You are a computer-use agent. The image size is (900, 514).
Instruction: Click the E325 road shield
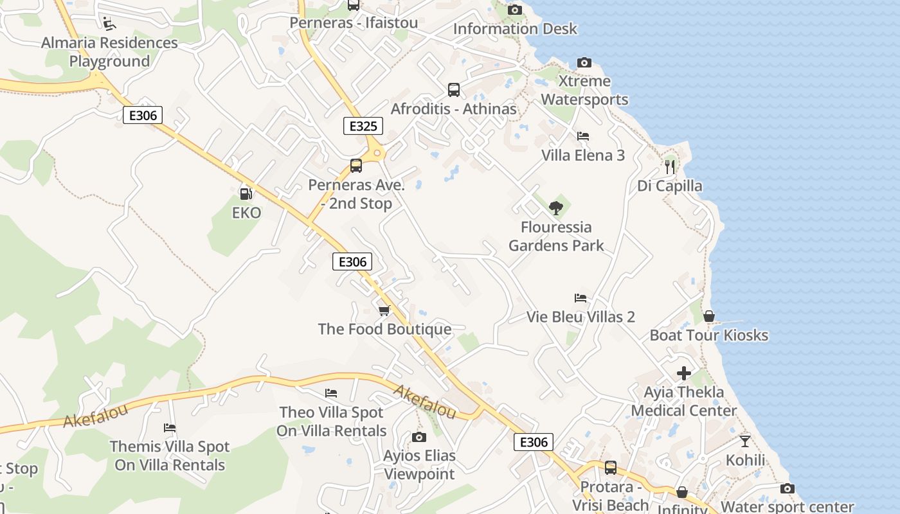tap(363, 126)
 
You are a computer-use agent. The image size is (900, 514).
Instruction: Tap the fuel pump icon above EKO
tap(246, 193)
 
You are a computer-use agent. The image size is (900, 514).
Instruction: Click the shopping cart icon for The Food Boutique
tap(384, 311)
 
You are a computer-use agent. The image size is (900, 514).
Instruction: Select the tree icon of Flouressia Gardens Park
tap(556, 208)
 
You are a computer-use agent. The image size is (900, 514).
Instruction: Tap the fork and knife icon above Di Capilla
tap(670, 167)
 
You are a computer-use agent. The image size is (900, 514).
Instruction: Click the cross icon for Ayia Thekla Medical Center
tap(684, 373)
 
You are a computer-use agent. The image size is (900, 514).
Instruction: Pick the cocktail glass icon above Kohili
tap(745, 441)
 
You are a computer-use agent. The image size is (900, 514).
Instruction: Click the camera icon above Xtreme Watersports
tap(584, 62)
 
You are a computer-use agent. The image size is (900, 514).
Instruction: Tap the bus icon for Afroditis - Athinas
tap(454, 90)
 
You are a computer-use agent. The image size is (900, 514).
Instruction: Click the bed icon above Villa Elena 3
tap(583, 136)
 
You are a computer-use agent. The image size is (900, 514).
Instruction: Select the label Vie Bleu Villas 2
tap(580, 317)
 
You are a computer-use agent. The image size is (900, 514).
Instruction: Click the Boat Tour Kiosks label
tap(708, 335)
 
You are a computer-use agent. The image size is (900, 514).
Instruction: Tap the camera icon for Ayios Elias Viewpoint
tap(419, 438)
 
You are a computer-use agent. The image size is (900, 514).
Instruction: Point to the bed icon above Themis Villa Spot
tap(170, 428)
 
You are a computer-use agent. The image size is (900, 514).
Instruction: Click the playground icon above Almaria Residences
tap(109, 24)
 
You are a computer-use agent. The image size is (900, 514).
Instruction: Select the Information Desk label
tap(515, 29)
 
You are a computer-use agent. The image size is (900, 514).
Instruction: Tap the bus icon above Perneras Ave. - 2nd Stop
tap(356, 166)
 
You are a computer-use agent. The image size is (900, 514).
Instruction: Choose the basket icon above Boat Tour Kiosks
tap(709, 316)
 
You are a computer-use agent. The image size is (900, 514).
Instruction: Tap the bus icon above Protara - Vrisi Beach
tap(611, 468)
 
